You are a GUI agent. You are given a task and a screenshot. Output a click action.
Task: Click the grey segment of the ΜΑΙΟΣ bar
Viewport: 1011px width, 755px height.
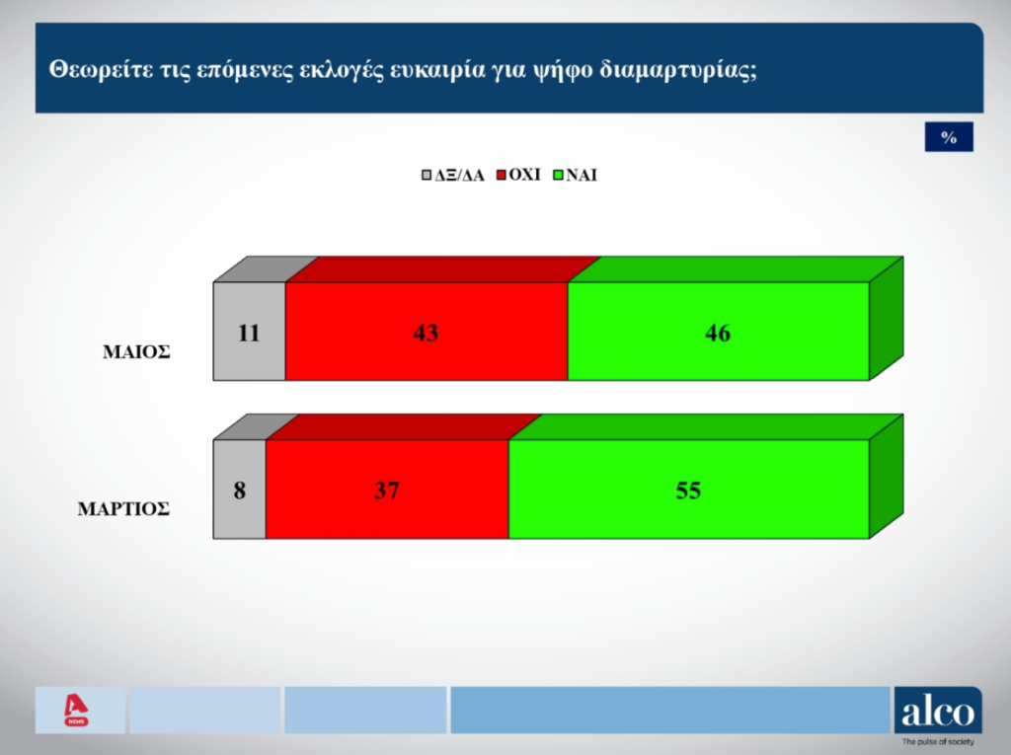click(250, 332)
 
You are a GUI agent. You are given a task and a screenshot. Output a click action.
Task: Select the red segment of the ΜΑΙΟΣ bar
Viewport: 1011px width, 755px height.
click(427, 332)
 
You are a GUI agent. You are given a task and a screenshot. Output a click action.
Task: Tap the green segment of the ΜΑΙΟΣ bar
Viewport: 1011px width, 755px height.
click(719, 332)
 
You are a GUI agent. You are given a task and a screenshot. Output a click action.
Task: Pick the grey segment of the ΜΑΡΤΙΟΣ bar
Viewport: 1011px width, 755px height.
click(240, 490)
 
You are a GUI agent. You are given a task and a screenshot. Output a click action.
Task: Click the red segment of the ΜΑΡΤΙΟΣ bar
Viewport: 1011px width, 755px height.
click(387, 490)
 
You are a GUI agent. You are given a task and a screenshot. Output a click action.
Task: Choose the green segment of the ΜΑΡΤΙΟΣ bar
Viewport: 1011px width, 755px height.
click(689, 490)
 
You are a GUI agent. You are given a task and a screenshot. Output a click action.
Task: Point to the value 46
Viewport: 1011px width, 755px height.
click(718, 333)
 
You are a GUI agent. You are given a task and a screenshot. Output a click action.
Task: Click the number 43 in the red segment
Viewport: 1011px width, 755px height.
click(426, 333)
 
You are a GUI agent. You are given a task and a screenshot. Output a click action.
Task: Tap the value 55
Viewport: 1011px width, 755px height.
click(688, 491)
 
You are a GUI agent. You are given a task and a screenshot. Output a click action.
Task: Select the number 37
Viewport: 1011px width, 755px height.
click(387, 491)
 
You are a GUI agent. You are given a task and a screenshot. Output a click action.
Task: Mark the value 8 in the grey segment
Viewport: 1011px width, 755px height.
click(240, 491)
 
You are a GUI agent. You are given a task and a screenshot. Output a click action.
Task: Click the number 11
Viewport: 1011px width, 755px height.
click(249, 333)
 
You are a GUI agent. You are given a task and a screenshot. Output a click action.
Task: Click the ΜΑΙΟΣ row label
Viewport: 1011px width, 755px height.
click(136, 352)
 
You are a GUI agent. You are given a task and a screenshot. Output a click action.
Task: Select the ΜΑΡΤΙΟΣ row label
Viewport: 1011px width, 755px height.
click(123, 509)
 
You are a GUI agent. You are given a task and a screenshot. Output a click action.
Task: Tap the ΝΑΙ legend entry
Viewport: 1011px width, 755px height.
click(576, 176)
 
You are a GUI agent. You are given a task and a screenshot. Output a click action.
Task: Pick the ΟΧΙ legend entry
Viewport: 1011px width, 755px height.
click(518, 175)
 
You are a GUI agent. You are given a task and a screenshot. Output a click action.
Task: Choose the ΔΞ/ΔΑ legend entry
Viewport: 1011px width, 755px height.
click(452, 176)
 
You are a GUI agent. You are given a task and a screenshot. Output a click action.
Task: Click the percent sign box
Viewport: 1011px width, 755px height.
click(949, 136)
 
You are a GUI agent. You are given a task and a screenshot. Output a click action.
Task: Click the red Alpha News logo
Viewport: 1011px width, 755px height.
click(77, 710)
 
